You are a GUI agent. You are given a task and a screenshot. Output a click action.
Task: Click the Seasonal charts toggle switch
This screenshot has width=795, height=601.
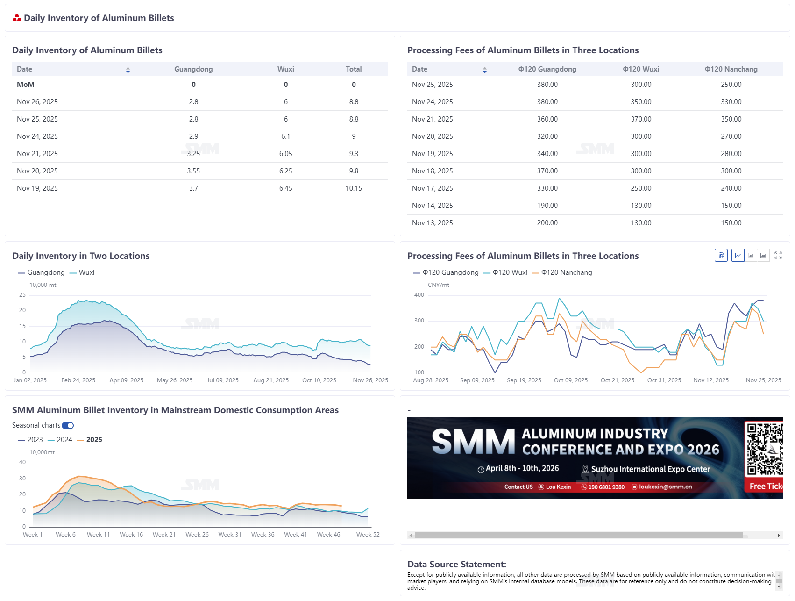(68, 425)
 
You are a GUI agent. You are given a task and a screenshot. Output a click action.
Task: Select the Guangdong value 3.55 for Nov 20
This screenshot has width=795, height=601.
(193, 171)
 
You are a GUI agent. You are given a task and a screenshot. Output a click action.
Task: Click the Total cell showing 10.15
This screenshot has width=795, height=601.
(354, 188)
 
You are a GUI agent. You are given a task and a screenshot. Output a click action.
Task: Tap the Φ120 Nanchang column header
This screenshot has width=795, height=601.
(731, 69)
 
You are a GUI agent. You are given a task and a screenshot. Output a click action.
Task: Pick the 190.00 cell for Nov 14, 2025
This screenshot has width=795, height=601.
(547, 206)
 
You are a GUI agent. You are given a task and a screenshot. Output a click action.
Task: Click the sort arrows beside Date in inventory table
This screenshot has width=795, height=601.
(128, 70)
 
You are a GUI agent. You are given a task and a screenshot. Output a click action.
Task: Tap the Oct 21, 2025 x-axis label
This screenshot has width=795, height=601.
(617, 380)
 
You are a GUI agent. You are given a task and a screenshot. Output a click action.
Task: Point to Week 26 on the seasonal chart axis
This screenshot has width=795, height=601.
(197, 535)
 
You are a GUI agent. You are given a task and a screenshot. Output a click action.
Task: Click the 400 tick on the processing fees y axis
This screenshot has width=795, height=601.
(419, 295)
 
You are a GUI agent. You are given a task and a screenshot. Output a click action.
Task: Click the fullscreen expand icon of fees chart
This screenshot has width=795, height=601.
(778, 255)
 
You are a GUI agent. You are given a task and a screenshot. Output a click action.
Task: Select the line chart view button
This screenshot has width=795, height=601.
(738, 255)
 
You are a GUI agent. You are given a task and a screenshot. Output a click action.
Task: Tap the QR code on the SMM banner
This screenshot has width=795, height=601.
(764, 449)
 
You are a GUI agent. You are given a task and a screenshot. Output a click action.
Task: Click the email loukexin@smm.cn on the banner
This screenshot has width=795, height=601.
(665, 487)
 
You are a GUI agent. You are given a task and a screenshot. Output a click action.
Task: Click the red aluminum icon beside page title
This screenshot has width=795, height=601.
(17, 18)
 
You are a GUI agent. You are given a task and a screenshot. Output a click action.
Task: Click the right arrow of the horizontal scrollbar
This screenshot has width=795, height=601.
(779, 536)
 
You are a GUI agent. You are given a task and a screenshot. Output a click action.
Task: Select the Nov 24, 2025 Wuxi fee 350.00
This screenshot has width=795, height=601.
(640, 102)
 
